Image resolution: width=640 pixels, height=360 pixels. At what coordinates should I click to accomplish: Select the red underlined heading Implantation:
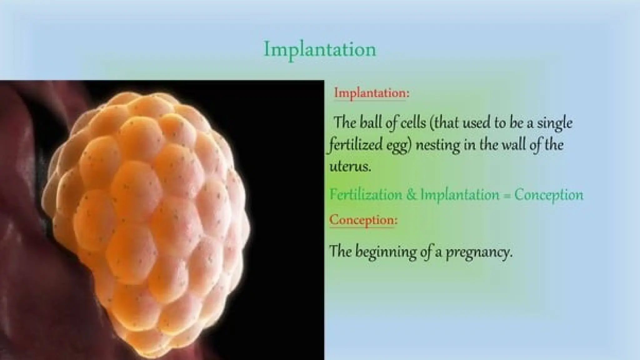pos(372,93)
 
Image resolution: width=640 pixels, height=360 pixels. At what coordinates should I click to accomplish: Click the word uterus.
pos(350,167)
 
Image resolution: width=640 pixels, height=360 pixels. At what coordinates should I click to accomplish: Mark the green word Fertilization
pos(366,195)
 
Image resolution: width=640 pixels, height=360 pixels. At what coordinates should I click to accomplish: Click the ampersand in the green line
pos(411,195)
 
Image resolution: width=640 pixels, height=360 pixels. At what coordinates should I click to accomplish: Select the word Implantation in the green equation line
pos(460,195)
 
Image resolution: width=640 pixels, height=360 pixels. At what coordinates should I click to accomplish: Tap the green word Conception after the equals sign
pos(549,195)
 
